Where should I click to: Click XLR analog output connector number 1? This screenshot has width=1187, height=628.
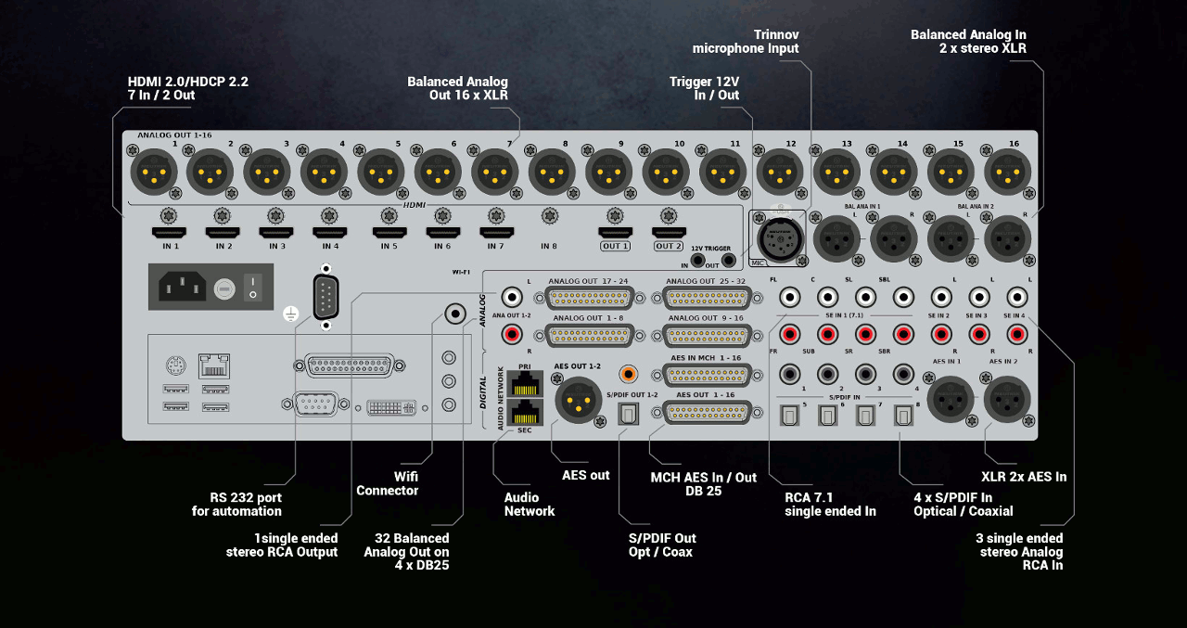(153, 172)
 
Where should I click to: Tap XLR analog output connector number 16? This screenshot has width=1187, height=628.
(1007, 172)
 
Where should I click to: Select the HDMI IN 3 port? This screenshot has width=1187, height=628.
(276, 233)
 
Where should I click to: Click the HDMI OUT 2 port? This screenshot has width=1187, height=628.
(669, 233)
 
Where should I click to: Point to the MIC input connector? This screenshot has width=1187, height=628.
(774, 237)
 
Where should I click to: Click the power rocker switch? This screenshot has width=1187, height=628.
(251, 287)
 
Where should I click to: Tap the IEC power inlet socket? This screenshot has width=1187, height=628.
(182, 287)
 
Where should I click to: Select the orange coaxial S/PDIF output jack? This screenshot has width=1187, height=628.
(629, 374)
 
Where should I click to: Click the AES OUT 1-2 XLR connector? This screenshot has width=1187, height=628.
(579, 401)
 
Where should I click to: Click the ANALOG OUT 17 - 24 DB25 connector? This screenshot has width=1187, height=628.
(590, 299)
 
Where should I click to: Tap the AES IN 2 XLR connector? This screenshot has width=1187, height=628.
(1007, 401)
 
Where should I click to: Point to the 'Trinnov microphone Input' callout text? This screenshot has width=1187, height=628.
(746, 41)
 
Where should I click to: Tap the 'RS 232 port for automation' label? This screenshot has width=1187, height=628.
(236, 504)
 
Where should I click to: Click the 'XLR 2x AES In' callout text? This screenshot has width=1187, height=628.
(1024, 477)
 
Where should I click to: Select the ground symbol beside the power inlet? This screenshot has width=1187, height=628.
(290, 315)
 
